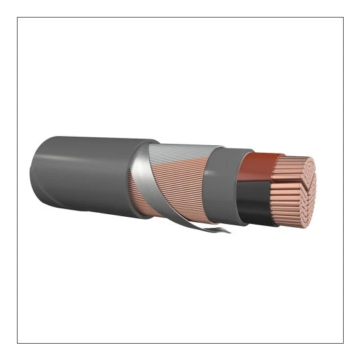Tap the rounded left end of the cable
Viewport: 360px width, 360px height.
[x=35, y=173]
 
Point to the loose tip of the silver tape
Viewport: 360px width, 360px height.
[x=225, y=230]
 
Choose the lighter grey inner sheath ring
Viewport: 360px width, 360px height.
[x=221, y=179]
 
